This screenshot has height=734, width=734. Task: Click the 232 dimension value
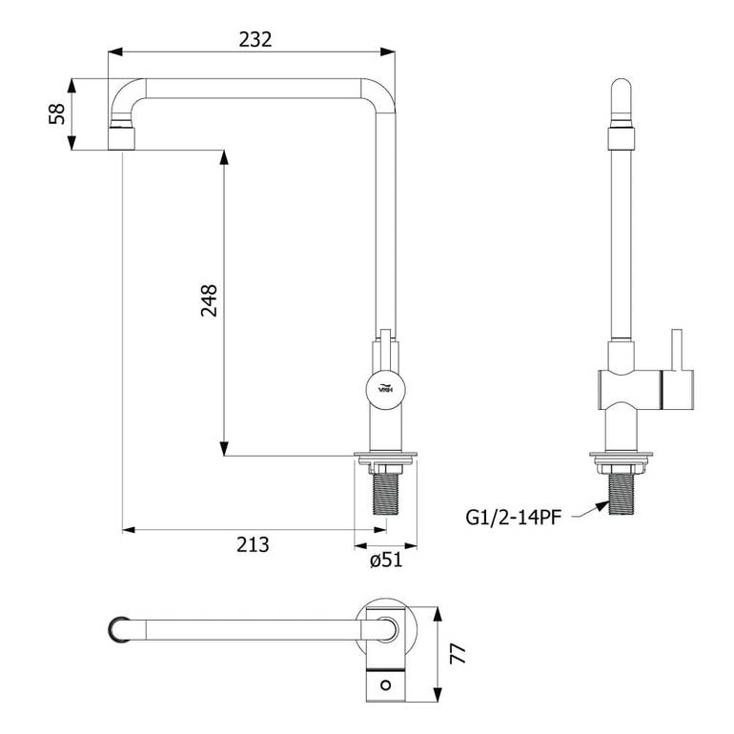point(255,39)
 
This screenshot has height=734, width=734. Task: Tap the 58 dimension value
point(57,113)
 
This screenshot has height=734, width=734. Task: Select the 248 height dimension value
point(210,300)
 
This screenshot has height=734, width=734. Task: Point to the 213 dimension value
point(253,545)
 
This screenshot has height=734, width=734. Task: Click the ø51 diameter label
point(386,560)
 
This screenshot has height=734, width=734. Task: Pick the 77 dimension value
point(459,654)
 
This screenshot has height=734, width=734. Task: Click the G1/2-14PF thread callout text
point(513,518)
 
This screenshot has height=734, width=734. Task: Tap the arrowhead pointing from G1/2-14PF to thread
point(602,506)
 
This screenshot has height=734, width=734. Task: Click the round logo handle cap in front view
point(386,389)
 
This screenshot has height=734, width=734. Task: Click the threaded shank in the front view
point(386,494)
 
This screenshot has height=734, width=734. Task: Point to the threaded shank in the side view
point(622,494)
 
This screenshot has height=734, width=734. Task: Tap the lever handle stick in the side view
point(676,349)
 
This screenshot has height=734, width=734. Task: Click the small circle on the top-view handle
point(386,685)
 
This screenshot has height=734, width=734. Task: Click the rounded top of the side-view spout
point(622,89)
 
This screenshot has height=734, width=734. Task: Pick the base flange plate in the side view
point(622,455)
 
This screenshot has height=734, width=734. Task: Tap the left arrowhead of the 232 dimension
point(115,51)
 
